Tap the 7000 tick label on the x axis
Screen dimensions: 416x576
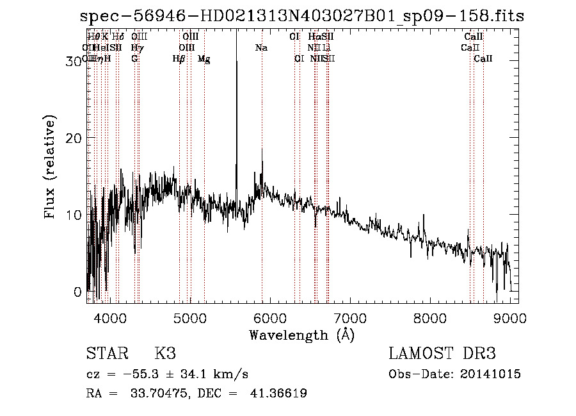click(x=350, y=317)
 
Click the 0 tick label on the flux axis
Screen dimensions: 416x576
click(x=78, y=292)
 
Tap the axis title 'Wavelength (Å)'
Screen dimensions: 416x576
click(x=301, y=335)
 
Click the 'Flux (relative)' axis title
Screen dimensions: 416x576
click(x=50, y=167)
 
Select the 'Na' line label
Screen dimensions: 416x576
click(x=261, y=48)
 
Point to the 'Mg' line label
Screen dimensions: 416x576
click(x=204, y=59)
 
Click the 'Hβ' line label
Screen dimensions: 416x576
click(x=179, y=59)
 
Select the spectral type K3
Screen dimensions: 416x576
click(x=164, y=354)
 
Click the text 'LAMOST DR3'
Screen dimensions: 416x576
click(x=442, y=354)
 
